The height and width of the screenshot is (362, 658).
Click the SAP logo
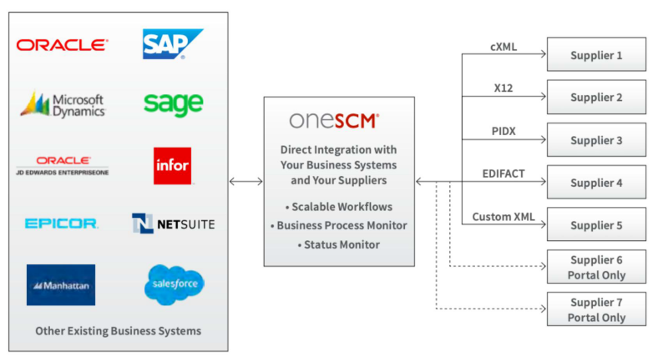click(x=172, y=44)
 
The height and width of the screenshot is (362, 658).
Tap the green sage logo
click(x=173, y=104)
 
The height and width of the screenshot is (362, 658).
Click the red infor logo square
click(x=172, y=165)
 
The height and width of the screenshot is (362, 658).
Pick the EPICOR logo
click(x=62, y=224)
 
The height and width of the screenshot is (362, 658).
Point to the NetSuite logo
click(x=173, y=224)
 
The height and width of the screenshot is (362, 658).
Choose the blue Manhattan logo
click(x=61, y=285)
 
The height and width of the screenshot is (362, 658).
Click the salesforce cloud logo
click(x=174, y=285)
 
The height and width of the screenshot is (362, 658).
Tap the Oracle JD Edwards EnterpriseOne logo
click(x=63, y=165)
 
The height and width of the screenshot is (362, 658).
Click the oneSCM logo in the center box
click(x=333, y=120)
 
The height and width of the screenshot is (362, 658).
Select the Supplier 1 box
click(x=596, y=54)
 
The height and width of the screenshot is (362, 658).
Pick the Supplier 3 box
click(x=596, y=140)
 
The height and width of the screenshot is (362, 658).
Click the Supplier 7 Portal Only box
click(x=596, y=309)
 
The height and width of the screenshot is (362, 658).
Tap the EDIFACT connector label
click(x=503, y=173)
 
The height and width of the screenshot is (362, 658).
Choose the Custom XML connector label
click(x=503, y=217)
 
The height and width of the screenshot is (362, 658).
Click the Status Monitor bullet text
click(x=338, y=244)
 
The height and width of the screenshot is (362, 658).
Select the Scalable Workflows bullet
click(x=338, y=206)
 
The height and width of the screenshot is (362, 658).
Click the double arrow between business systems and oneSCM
click(x=245, y=181)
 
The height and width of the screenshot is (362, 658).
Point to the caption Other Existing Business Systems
click(x=118, y=331)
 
